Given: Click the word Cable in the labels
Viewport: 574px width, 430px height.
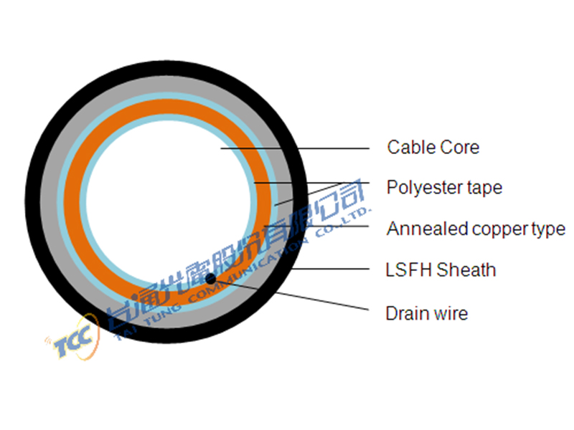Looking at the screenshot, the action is click(x=411, y=148).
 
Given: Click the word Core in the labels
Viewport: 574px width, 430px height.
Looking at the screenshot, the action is click(x=460, y=148).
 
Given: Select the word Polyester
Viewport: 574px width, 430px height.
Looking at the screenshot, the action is click(x=425, y=188).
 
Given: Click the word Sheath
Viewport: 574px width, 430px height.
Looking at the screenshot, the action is click(x=466, y=270).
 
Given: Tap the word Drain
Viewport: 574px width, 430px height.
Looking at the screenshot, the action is click(x=408, y=313).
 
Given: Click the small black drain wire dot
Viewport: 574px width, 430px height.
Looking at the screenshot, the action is click(x=210, y=279).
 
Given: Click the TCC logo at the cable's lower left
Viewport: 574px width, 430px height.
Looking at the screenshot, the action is click(x=73, y=338).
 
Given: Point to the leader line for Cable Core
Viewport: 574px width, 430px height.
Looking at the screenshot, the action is click(x=295, y=148).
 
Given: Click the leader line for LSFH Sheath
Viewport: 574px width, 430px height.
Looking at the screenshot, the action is click(x=330, y=269).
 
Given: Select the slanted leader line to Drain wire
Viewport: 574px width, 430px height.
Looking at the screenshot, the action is click(x=290, y=295).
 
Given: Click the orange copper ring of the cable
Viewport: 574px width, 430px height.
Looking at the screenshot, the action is click(x=72, y=202).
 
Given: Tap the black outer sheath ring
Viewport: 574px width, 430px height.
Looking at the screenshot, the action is click(x=33, y=202).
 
